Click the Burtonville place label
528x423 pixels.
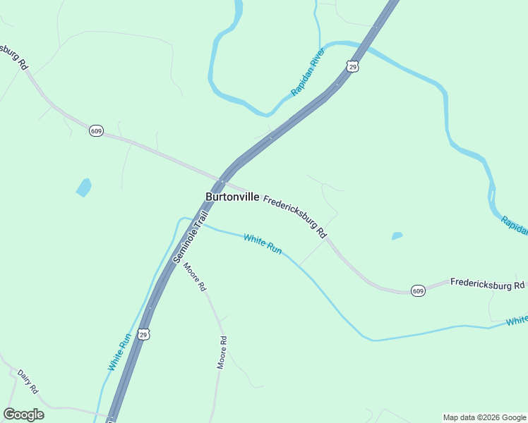coord(232,197)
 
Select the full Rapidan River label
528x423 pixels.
coord(307,73)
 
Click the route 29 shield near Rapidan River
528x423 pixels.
coord(352,66)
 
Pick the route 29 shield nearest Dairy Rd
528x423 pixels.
coord(144,333)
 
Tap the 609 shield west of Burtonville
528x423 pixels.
coord(97,130)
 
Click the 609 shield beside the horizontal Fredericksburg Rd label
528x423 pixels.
coord(418,290)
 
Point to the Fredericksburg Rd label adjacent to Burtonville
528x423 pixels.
coord(295,216)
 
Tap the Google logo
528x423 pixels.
coord(23,415)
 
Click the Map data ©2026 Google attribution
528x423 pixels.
coord(484,417)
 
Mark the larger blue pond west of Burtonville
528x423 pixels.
coord(84,187)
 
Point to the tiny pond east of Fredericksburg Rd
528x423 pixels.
coord(397,235)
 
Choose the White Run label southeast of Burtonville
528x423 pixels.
coord(263,245)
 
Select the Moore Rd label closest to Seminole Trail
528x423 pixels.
coord(195,278)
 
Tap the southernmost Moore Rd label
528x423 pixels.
coord(222,352)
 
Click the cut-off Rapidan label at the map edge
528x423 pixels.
coord(515,225)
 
